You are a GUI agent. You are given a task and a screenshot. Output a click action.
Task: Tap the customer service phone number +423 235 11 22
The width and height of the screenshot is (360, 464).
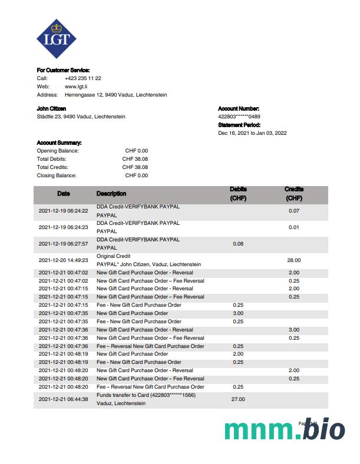(82, 78)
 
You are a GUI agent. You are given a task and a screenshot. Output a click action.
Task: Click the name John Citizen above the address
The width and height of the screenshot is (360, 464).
(51, 109)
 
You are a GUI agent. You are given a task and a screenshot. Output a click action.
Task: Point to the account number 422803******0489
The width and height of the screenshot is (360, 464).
(239, 117)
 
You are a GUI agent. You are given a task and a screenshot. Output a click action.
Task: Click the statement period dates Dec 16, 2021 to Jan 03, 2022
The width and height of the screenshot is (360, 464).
(252, 133)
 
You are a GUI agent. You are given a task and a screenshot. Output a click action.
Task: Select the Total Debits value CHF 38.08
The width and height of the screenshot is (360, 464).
(135, 159)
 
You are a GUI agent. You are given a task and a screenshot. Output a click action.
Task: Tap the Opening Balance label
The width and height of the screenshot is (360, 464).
(58, 151)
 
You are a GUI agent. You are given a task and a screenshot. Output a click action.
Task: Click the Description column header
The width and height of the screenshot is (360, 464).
(111, 194)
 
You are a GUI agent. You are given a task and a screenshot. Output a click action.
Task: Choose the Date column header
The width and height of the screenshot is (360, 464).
(63, 194)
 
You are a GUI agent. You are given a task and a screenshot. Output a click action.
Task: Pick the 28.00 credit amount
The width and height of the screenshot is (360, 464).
(294, 260)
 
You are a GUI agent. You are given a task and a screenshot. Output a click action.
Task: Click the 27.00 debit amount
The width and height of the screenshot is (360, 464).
(238, 399)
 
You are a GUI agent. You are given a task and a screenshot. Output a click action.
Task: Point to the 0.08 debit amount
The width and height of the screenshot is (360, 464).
(238, 244)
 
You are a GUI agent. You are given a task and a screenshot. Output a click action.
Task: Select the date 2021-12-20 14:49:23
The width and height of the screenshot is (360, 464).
(63, 260)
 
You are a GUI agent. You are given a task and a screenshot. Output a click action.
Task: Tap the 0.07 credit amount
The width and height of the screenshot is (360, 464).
(294, 211)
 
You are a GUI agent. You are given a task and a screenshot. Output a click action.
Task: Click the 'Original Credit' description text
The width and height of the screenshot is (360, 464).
(113, 256)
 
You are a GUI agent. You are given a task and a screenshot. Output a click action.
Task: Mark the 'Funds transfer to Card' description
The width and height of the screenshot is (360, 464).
(146, 395)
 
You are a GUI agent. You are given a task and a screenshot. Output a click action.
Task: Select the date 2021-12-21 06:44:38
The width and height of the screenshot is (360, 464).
(63, 399)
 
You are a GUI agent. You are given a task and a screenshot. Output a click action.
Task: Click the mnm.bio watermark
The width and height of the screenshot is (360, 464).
(284, 430)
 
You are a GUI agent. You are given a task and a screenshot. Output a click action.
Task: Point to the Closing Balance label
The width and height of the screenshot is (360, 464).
(57, 175)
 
